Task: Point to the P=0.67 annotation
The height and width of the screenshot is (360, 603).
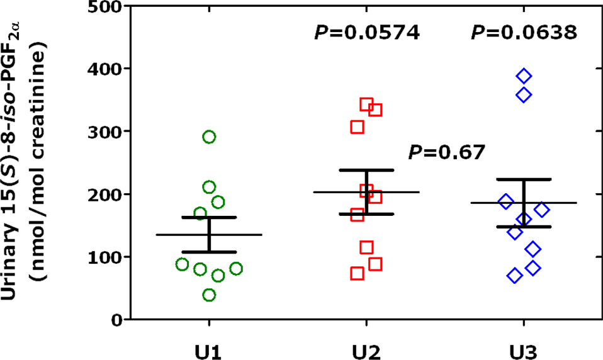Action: coord(447,152)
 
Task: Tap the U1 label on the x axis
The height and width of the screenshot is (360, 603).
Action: coord(208,348)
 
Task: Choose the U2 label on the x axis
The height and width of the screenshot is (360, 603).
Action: coord(366,348)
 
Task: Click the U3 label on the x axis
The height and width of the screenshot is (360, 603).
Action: coord(524,348)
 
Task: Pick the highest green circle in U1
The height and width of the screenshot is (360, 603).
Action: coord(209,137)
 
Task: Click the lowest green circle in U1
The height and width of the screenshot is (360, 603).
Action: coord(209,295)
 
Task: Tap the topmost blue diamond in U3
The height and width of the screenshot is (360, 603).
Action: coord(524,76)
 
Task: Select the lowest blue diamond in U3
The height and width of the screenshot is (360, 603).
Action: coord(515,275)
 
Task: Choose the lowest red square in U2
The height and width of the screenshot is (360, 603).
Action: coord(358,273)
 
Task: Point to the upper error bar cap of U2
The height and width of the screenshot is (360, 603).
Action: coord(366,170)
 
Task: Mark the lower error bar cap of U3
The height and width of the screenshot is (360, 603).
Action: coord(524,227)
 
